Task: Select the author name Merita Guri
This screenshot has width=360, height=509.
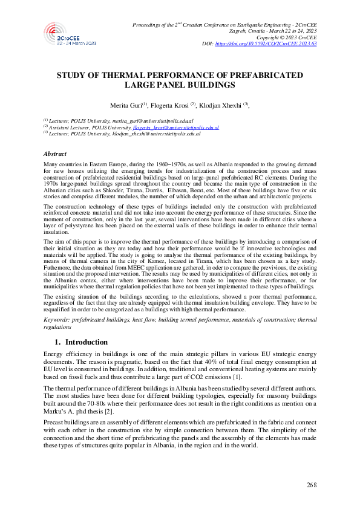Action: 123,105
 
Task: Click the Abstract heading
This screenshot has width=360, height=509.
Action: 56,154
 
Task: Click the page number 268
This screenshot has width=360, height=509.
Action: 312,485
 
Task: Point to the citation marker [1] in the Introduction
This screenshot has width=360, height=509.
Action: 238,376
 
